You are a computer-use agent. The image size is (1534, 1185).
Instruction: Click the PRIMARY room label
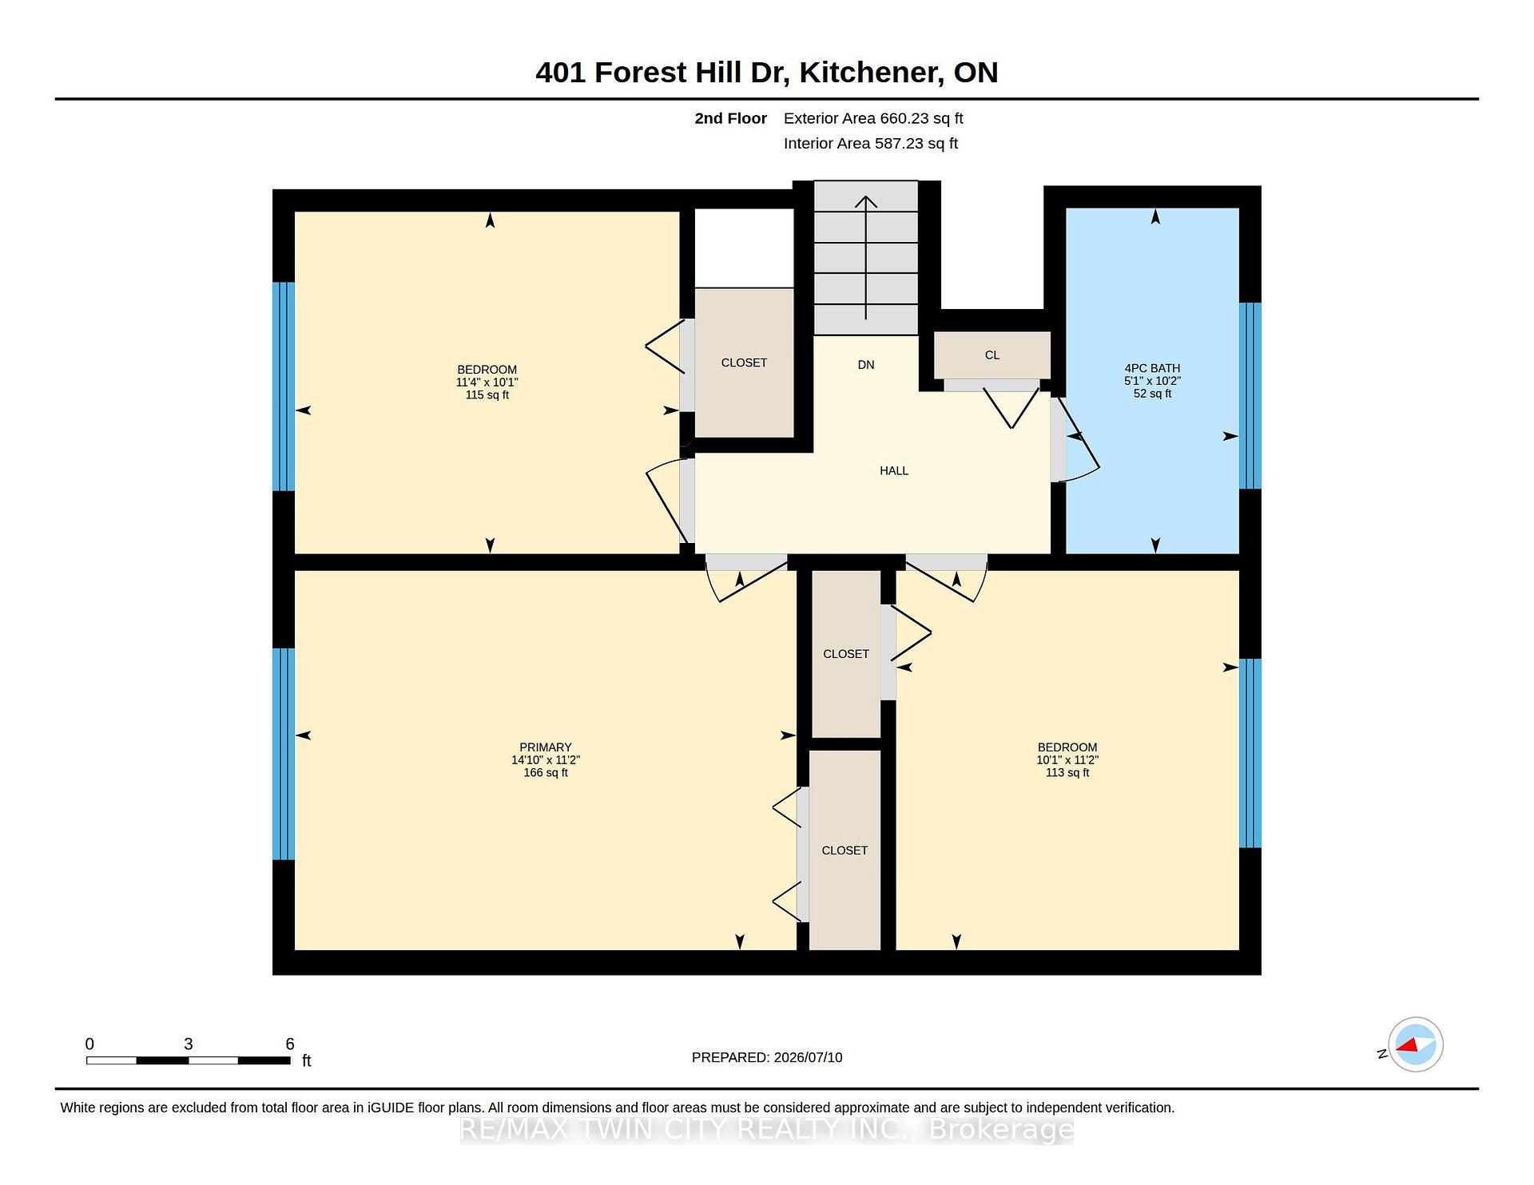coord(546,747)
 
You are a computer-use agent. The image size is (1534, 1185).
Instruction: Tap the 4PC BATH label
coord(1152,368)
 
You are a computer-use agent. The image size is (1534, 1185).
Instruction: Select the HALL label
coord(894,471)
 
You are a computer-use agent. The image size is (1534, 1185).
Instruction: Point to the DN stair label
coord(866,365)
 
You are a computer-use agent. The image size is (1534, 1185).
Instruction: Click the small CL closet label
coord(992,355)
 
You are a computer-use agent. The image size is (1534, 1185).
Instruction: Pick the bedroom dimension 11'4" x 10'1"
coord(487,382)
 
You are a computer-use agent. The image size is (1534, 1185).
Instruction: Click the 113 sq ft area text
coord(1067,773)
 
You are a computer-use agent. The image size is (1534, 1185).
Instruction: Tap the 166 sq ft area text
coord(546,773)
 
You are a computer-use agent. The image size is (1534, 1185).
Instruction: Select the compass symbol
coord(1415,1044)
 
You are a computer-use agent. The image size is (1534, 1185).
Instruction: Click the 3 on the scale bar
coord(189,1044)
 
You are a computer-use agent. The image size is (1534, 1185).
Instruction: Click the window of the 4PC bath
coord(1250,395)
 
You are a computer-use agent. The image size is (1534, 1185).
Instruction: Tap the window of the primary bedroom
coord(284,754)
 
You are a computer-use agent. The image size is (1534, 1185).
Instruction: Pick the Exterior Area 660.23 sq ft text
coord(873,118)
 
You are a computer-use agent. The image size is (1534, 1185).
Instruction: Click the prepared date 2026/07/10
coord(808,1057)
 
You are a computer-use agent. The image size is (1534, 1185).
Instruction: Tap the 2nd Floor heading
coord(730,118)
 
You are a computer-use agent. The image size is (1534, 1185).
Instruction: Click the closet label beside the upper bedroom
coord(744,363)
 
